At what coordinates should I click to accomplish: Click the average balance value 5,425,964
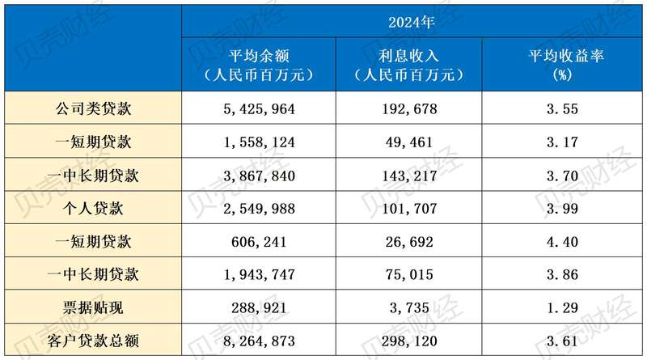[x=258, y=108]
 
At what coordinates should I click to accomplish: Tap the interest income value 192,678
[x=408, y=108]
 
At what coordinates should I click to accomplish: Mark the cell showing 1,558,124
[x=258, y=142]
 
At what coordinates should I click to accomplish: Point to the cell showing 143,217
[x=408, y=175]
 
